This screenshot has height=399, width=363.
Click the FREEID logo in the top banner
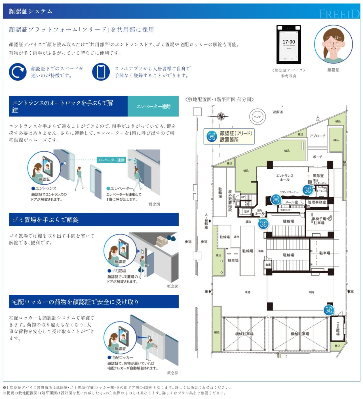(x=339, y=14)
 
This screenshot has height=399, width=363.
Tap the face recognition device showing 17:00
(x=289, y=45)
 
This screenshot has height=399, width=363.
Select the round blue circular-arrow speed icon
(x=18, y=72)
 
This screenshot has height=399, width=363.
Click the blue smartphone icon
(x=101, y=72)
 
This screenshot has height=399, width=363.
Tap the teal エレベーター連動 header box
(x=153, y=106)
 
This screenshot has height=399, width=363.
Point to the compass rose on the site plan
(x=221, y=116)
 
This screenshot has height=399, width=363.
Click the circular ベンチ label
(x=257, y=117)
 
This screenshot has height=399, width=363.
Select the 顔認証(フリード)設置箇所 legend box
(x=229, y=136)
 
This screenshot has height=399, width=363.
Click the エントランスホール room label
(x=284, y=178)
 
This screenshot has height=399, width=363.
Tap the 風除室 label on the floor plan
(x=318, y=176)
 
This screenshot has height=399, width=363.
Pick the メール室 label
(x=292, y=202)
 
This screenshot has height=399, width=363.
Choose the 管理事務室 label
(x=317, y=202)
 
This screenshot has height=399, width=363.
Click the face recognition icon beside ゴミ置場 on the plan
(x=329, y=310)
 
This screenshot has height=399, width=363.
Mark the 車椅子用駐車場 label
(x=319, y=221)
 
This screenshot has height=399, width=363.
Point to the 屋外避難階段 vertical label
(x=230, y=200)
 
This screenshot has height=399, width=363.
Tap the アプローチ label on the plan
(x=317, y=136)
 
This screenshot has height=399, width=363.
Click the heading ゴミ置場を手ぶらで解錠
(x=45, y=220)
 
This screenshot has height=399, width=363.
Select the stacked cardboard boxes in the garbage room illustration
(x=162, y=241)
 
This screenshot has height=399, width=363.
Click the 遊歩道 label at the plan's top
(x=277, y=112)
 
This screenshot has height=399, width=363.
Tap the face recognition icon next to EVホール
(x=263, y=223)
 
